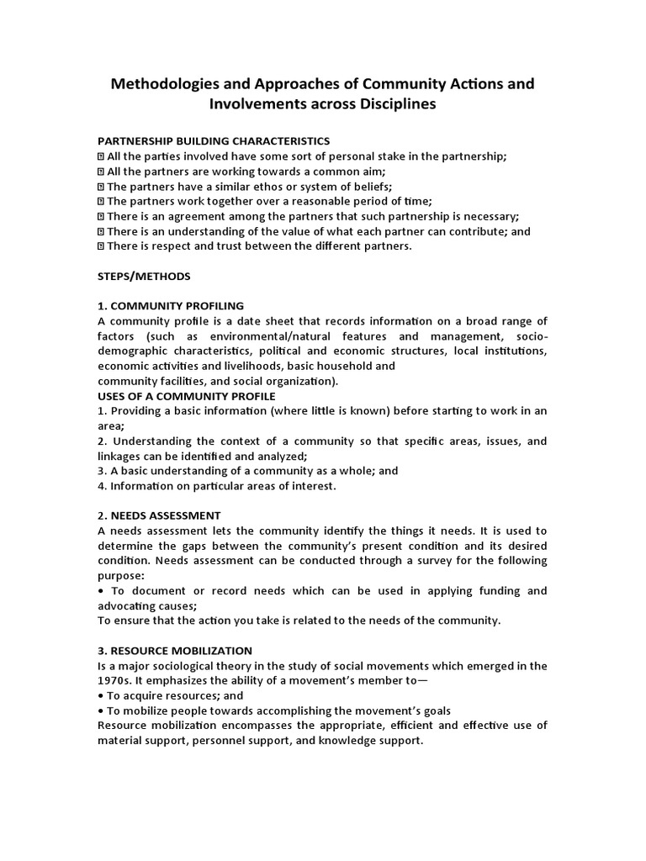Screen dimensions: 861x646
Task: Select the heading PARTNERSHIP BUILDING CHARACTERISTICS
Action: point(214,140)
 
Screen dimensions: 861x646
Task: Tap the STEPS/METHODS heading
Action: point(144,276)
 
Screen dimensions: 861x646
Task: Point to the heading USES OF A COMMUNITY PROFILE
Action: point(186,396)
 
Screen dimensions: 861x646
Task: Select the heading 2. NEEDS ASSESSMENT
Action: point(159,515)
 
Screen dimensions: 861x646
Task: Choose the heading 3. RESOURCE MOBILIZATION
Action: point(175,650)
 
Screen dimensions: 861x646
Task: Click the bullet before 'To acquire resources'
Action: point(101,696)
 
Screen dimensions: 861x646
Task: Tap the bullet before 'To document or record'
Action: point(101,590)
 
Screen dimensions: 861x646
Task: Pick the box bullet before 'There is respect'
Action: point(101,246)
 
